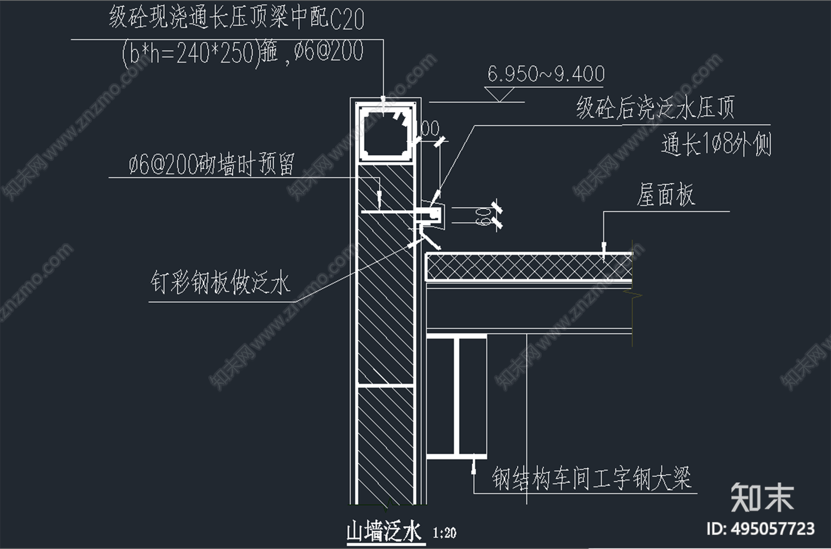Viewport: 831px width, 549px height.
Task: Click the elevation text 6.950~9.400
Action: (546, 74)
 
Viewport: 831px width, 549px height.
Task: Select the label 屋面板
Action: (665, 195)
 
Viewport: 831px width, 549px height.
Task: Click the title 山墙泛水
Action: (384, 532)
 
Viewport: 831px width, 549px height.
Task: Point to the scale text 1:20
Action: (444, 533)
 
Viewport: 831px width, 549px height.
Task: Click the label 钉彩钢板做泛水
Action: (220, 283)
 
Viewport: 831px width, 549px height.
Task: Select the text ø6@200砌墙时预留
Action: (211, 164)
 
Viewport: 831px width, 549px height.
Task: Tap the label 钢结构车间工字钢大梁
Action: (592, 478)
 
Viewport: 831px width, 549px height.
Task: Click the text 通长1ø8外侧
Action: (716, 144)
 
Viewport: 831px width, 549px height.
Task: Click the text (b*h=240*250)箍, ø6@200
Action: (243, 53)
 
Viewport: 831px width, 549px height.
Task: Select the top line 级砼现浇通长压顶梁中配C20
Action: (236, 18)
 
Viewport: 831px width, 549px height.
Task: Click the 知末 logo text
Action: (762, 497)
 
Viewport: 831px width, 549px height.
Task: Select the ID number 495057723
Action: (773, 529)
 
